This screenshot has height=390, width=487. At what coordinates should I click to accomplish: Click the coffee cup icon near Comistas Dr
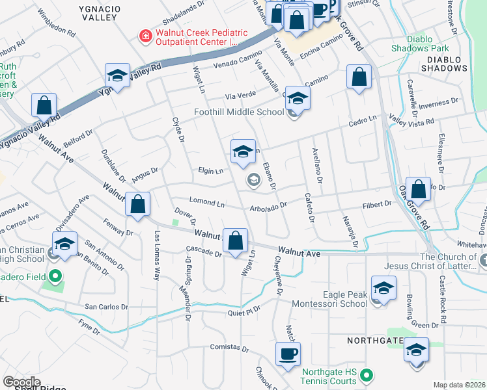click(287, 355)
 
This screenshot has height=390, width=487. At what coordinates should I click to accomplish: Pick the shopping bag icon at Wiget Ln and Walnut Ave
click(235, 239)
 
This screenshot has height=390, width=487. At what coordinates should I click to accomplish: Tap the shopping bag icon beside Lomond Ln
click(137, 204)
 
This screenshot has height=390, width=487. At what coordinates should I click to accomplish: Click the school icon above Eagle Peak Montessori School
click(383, 287)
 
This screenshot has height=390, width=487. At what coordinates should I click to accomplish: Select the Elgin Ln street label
click(211, 172)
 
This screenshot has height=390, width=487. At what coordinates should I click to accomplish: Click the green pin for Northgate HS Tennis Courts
click(367, 374)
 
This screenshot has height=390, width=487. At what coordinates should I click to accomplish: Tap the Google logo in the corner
click(21, 382)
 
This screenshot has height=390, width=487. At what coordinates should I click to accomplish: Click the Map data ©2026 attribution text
click(459, 385)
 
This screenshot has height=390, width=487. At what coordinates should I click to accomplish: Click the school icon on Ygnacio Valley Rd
click(117, 75)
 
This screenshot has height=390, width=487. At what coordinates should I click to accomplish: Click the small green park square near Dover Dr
click(175, 224)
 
